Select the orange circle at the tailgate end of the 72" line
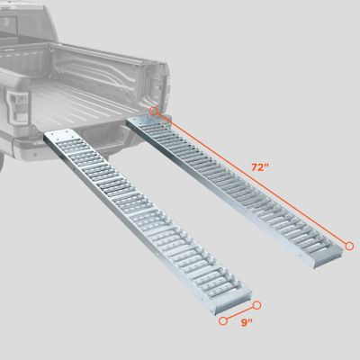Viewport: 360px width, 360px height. click(154, 112)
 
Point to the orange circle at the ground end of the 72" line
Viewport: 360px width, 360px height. click(348, 245)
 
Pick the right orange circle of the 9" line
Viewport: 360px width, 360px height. click(256, 305)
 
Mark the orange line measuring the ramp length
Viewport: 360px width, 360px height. click(251, 178)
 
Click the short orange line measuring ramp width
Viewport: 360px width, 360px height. click(239, 312)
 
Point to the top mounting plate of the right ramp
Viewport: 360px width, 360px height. click(144, 121)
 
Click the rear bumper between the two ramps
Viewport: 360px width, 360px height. click(112, 148)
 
